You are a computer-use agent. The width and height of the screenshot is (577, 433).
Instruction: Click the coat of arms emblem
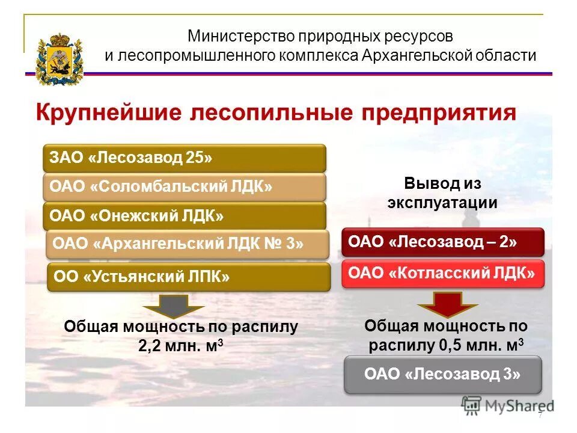tap(58, 60)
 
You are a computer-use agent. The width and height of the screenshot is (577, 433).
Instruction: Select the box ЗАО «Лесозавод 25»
tap(184, 158)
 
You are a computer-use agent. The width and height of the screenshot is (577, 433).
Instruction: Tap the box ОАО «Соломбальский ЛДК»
tap(184, 187)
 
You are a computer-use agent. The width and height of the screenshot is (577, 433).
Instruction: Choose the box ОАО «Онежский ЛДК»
tap(184, 215)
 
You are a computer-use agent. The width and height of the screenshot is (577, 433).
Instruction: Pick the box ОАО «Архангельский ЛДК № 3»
tap(188, 244)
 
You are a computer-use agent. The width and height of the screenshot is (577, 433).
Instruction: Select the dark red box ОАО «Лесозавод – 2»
tap(443, 242)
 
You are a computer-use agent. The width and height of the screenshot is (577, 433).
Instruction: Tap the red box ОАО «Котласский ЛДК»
tap(443, 274)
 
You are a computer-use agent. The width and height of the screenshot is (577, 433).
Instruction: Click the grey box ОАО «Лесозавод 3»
tap(443, 374)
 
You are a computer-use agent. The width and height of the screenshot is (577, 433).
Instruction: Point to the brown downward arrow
tap(174, 306)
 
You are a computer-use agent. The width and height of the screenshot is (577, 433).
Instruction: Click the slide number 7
tap(540, 416)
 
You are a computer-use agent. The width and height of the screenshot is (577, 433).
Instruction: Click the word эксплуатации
tap(442, 202)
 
